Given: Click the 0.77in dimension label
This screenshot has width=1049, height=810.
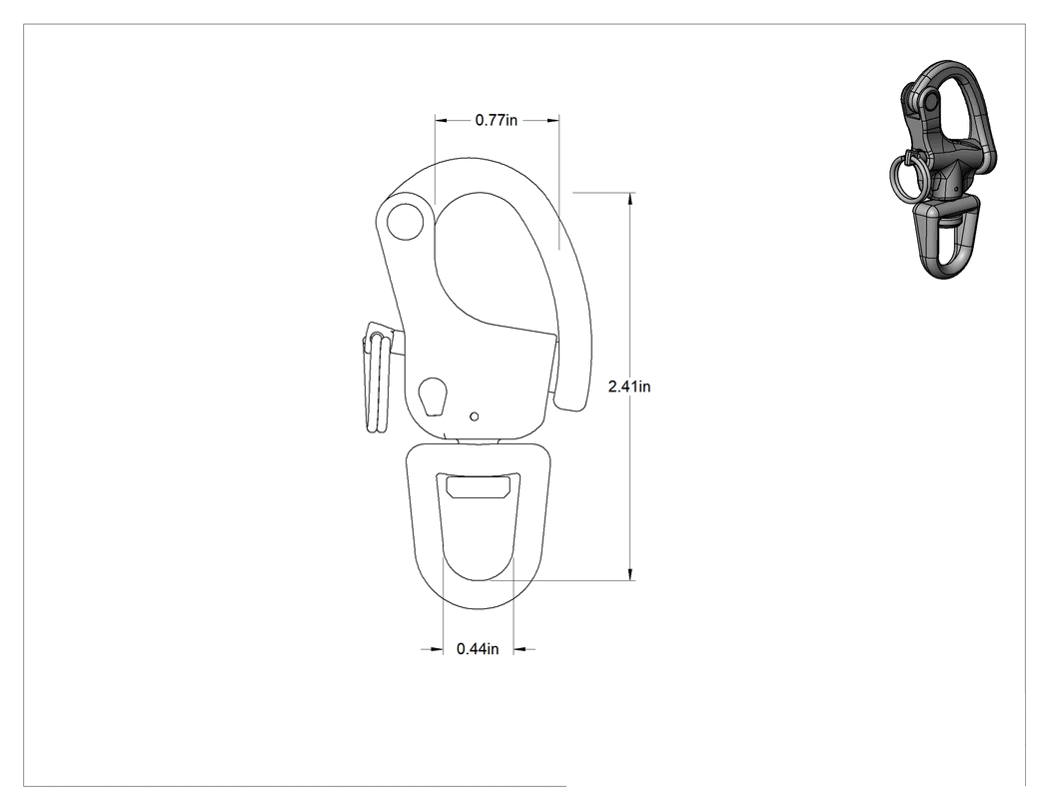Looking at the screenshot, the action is (x=497, y=121).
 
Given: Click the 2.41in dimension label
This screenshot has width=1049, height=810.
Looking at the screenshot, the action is (x=628, y=386).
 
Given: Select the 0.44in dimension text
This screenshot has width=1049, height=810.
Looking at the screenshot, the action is (x=478, y=649).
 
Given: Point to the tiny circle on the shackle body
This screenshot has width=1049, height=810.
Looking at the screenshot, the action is (x=475, y=416).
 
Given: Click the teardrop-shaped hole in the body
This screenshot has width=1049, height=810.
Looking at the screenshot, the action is (x=433, y=397).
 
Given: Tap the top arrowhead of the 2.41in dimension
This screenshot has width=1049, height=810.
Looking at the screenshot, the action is (x=630, y=199).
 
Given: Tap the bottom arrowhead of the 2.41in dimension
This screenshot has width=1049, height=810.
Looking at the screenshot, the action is (x=630, y=574).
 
